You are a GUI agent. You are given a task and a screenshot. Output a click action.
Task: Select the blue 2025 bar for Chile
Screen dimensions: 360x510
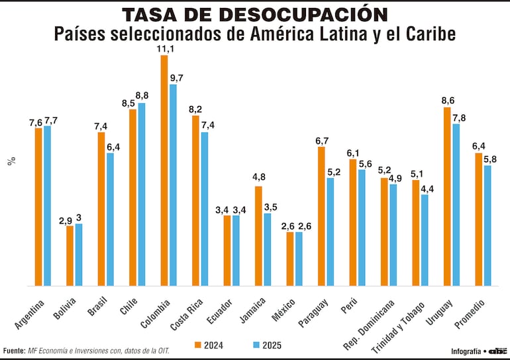(x=142, y=195)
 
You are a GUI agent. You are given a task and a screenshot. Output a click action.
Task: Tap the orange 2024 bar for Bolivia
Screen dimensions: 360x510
(x=70, y=255)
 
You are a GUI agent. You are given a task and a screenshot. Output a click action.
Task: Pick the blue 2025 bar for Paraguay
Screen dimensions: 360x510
(x=331, y=232)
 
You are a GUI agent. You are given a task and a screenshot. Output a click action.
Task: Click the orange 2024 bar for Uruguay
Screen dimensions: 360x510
(x=447, y=197)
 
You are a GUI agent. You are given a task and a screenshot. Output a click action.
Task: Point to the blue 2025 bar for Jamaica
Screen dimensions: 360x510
(x=268, y=249)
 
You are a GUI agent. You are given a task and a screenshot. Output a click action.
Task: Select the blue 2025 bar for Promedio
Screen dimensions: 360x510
(x=487, y=226)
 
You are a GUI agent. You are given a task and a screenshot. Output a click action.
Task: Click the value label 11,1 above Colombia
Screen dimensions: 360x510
(x=164, y=49)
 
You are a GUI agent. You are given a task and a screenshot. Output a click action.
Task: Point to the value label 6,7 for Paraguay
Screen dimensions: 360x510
(x=322, y=140)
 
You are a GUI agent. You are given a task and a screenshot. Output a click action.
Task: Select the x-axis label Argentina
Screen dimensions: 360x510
(x=30, y=314)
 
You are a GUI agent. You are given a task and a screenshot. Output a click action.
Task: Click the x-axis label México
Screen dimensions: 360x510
(x=285, y=310)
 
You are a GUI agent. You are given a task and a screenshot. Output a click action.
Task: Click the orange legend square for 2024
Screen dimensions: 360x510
(x=197, y=344)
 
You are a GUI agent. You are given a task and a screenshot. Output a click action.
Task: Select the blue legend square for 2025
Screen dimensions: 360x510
(x=256, y=344)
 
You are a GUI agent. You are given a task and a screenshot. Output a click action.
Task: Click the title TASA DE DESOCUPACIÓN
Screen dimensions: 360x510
(x=254, y=15)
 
